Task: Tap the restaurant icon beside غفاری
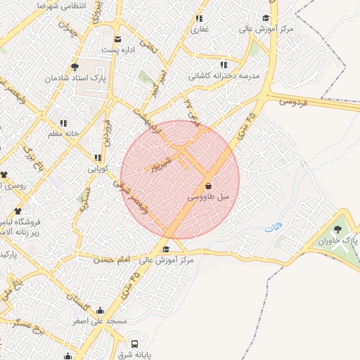pyautogui.click(x=199, y=19)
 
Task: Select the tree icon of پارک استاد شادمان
pyautogui.click(x=75, y=67)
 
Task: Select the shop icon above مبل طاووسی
pyautogui.click(x=207, y=186)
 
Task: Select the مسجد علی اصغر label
pyautogui.click(x=99, y=321)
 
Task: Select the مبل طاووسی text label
pyautogui.click(x=208, y=198)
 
